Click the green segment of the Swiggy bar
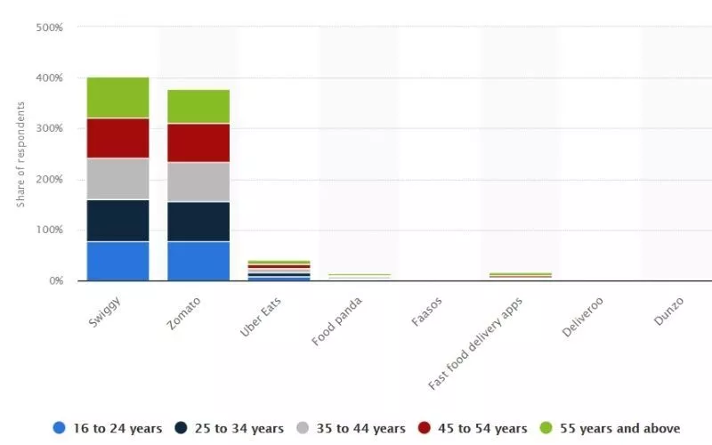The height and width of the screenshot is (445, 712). pos(117,97)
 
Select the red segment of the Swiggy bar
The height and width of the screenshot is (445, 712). pos(117,138)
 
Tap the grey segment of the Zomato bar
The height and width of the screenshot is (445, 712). pos(198,182)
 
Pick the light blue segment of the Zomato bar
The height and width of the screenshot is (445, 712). pos(198,261)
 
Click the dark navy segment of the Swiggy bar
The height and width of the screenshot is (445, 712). pos(117,220)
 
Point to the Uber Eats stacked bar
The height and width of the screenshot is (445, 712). pos(279,271)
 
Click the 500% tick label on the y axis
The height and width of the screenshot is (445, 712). pos(50,28)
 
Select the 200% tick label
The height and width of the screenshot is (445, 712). pos(50,179)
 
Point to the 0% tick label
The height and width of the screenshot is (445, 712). pos(55,280)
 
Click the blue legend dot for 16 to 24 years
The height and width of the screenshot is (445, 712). pos(60,428)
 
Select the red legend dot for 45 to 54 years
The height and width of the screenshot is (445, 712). pos(424,428)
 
